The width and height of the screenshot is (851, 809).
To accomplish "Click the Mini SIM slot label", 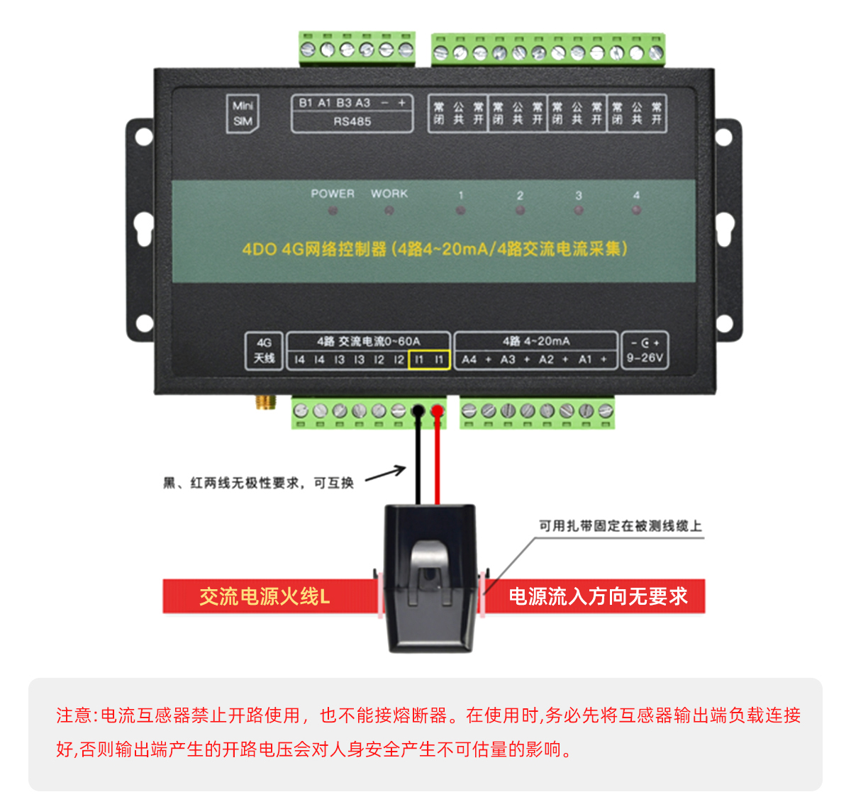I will (x=243, y=113).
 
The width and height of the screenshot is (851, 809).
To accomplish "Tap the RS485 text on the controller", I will (x=352, y=121).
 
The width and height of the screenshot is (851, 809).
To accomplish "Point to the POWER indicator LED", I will (x=333, y=211).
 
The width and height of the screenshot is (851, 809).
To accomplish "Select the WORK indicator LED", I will (x=389, y=211).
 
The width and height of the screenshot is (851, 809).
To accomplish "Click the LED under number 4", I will (x=636, y=211).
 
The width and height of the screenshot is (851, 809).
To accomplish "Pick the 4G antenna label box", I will (x=264, y=351).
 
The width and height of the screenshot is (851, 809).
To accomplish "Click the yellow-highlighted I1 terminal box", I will (x=429, y=359).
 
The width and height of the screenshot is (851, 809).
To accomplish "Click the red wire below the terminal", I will (x=438, y=461).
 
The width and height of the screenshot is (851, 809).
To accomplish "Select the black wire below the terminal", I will (x=418, y=461).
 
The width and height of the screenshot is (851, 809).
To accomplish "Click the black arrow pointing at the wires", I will (x=386, y=473).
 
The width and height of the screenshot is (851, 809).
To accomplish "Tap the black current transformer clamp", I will (x=430, y=578).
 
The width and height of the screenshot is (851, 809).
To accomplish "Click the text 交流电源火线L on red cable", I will (x=265, y=596).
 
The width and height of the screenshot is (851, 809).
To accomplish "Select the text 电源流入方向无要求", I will (x=598, y=596).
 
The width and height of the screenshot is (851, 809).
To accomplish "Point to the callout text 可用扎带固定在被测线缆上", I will (x=620, y=525).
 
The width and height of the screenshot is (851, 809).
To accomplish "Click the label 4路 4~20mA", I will (x=536, y=341).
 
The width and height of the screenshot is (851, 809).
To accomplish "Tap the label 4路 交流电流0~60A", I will (x=368, y=341).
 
